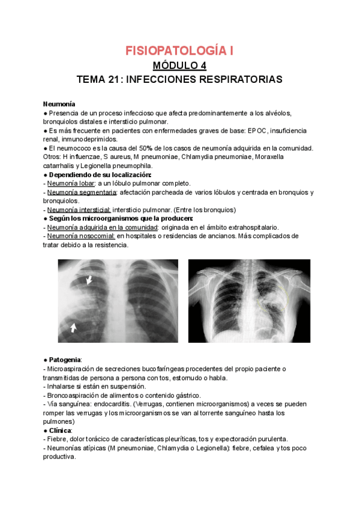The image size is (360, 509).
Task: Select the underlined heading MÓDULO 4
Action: coord(179,65)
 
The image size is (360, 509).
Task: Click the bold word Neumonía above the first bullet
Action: coord(59,104)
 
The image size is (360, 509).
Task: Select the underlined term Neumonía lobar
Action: coord(68,183)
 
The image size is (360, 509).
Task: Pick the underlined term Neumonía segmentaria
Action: coord(82,192)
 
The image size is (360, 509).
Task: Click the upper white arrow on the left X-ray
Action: coord(89,280)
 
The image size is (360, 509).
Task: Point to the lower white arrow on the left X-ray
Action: coord(73,328)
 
